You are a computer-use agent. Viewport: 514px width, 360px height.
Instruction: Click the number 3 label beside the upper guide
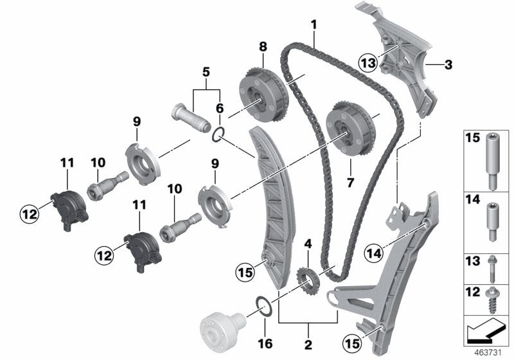448,64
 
